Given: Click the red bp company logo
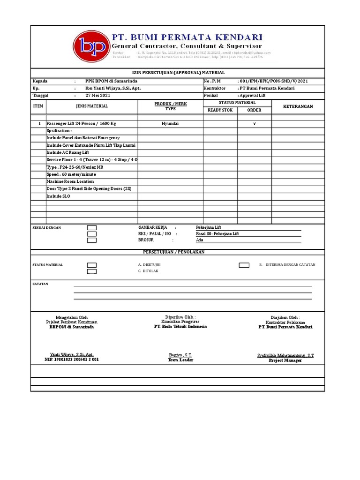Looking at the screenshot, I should [x=90, y=46].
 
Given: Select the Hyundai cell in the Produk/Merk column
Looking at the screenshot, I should [x=170, y=123].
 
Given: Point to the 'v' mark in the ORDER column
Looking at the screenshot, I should [x=254, y=123].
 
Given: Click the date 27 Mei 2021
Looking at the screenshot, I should [x=98, y=95].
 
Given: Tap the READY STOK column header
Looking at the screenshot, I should [x=220, y=110].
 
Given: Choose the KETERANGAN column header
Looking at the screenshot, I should [x=298, y=106].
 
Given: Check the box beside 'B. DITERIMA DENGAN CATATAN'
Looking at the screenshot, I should [x=244, y=265].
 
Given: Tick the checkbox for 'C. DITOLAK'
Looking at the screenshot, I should [x=92, y=271].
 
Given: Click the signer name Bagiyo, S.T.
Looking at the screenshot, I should [x=180, y=355].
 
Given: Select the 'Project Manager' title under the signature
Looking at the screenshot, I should [x=285, y=360].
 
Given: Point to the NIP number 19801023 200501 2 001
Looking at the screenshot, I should [x=72, y=360].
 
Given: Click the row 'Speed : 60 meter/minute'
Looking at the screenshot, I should [x=69, y=174].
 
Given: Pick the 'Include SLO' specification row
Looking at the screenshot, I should [x=59, y=196].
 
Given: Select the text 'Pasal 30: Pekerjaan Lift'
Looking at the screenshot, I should [x=217, y=233].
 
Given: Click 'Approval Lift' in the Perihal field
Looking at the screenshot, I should [x=253, y=95].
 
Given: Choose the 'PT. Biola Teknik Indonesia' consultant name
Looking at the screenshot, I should [x=180, y=327].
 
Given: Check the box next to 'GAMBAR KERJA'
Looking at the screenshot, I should [x=92, y=228].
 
